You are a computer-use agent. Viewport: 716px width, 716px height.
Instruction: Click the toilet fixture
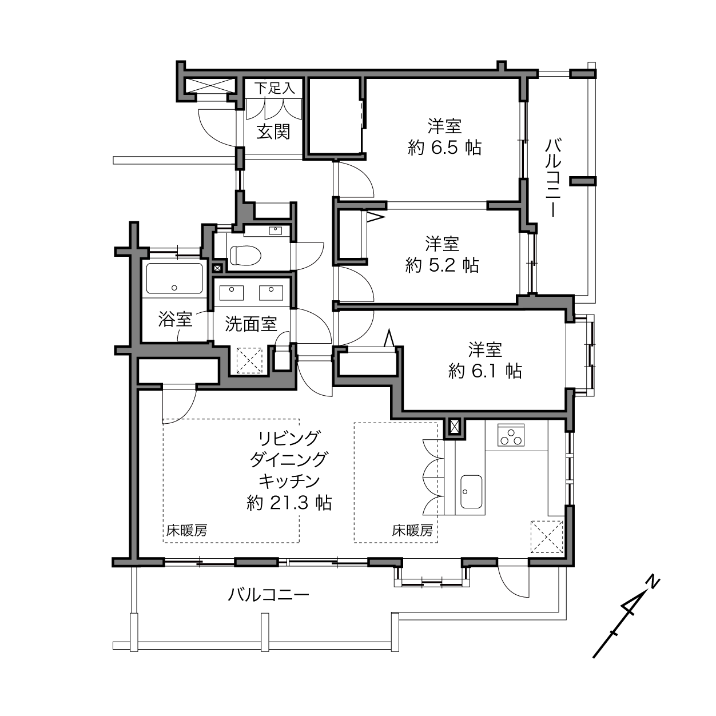tap(245, 255)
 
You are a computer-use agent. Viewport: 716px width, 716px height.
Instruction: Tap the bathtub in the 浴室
tap(174, 279)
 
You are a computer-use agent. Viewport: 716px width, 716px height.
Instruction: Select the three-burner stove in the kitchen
tap(511, 435)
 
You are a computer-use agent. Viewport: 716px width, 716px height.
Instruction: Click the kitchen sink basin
tap(471, 492)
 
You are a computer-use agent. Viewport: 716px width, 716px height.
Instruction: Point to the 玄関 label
tap(273, 132)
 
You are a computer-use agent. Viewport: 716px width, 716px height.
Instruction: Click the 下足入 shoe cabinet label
tap(275, 89)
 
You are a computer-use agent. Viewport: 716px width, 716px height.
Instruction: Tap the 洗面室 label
tap(251, 324)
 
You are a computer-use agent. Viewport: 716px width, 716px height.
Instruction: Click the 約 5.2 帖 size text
tap(442, 265)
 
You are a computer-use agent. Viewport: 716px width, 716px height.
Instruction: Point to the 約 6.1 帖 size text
tap(486, 371)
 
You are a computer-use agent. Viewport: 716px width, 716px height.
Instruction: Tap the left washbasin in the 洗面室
tap(232, 292)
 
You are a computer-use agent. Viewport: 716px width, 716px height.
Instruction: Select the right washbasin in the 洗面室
tap(271, 292)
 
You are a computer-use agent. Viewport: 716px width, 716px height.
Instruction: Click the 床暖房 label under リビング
tap(186, 530)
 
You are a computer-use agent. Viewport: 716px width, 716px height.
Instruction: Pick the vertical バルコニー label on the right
tap(553, 178)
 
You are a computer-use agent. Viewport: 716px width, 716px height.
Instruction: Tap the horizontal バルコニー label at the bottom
tap(268, 595)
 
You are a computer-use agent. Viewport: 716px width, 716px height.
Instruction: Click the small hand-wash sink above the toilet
tap(275, 230)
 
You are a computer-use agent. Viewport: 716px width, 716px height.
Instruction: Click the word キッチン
tap(289, 482)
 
